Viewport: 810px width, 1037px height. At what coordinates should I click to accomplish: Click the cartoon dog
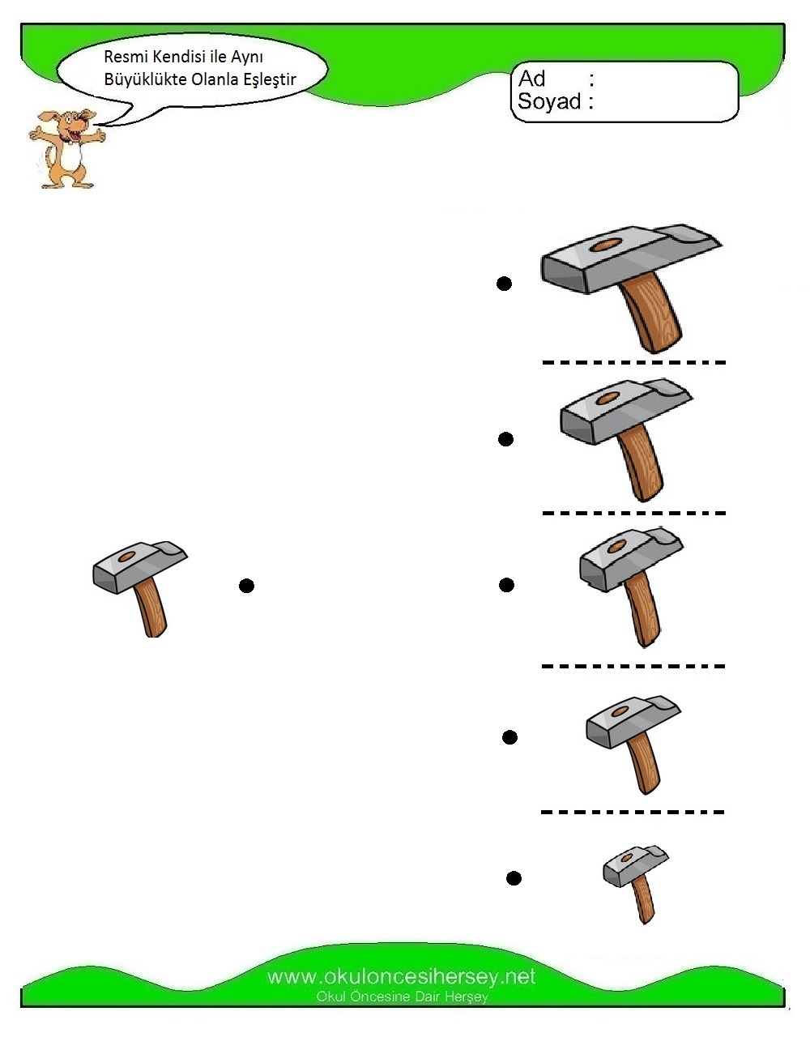click(66, 149)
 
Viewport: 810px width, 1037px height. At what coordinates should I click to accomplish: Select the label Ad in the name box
click(531, 79)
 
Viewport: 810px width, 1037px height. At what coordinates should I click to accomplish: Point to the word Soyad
click(549, 101)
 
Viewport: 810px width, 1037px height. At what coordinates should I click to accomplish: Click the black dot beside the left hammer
click(246, 586)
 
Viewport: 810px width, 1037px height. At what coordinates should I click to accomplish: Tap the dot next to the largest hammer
click(504, 284)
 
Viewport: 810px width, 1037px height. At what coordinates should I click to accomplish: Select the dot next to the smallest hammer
click(514, 878)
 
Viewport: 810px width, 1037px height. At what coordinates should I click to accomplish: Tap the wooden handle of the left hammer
click(151, 608)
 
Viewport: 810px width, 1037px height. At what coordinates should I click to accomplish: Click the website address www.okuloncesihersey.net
click(402, 977)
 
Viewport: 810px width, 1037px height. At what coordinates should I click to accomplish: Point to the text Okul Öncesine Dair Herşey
click(402, 996)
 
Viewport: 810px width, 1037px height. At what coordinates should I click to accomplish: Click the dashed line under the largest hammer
click(634, 363)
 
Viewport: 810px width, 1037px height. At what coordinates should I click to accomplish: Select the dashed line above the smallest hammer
click(633, 812)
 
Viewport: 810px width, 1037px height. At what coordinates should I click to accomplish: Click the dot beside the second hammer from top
click(505, 439)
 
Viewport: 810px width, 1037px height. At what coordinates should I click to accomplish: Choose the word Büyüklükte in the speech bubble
click(146, 79)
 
